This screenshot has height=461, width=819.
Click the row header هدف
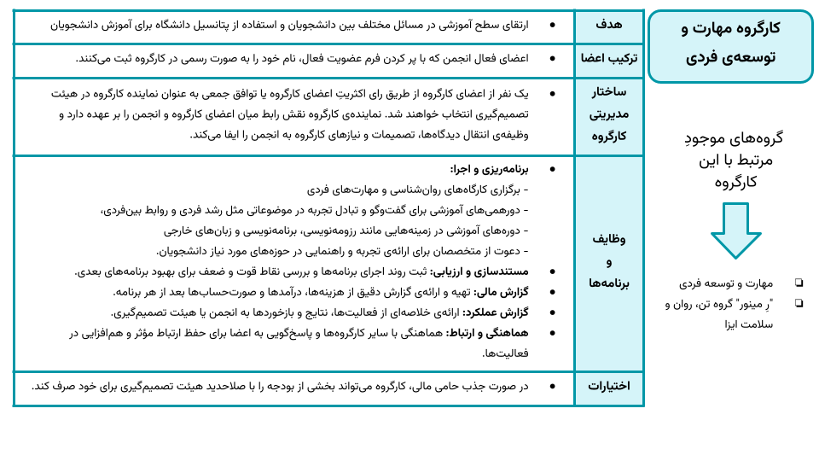[608, 25]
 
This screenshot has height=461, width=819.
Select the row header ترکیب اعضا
[609, 59]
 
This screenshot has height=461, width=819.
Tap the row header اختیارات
[609, 386]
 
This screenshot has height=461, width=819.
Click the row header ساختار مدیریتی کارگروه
[609, 114]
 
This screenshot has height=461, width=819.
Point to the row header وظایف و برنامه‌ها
[609, 260]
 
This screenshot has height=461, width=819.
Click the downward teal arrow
[735, 230]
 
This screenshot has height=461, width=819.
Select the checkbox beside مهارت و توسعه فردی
[799, 283]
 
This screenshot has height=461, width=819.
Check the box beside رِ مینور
[799, 303]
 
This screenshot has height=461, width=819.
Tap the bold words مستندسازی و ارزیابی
[479, 271]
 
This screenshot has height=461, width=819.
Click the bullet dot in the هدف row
[552, 25]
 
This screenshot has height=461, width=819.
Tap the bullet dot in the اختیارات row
[552, 386]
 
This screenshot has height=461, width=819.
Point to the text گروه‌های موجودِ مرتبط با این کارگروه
[734, 160]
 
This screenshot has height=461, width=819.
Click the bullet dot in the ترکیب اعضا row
[552, 59]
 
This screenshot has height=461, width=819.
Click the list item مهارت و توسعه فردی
[726, 283]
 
